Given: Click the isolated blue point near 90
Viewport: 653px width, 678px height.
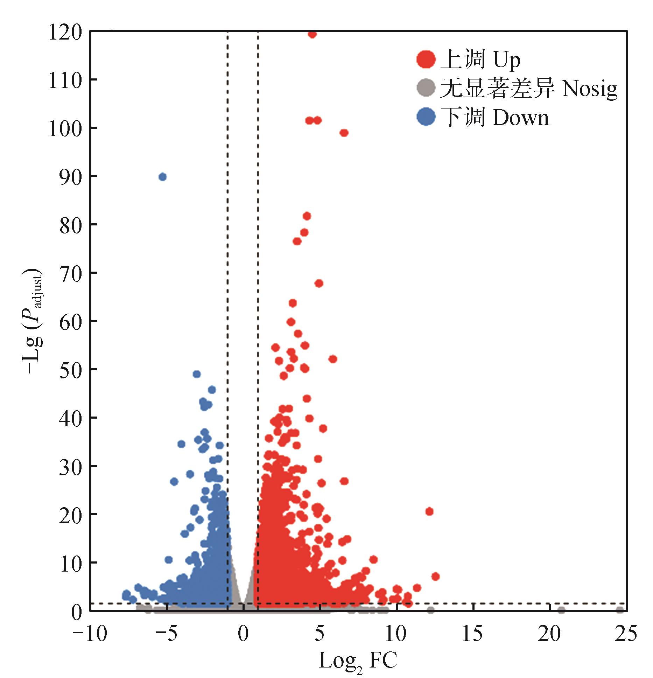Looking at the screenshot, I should coord(162,177).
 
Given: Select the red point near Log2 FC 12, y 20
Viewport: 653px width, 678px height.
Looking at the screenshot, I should coord(429,511).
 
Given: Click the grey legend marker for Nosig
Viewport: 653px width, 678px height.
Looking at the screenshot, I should coord(426,88).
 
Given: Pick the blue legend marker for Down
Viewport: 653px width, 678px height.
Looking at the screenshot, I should coord(426,117).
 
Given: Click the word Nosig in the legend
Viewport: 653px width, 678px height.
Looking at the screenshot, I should coord(590,89).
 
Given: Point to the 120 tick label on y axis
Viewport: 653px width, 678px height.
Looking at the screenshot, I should coord(65,33).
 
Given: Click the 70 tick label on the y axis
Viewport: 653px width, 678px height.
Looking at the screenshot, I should coord(70,273).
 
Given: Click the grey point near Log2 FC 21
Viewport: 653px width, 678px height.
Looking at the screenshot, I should coord(561,610).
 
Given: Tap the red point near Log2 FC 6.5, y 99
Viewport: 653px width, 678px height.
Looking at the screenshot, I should coord(344,133).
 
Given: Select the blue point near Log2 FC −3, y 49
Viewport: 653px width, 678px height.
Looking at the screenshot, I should coord(197,374).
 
